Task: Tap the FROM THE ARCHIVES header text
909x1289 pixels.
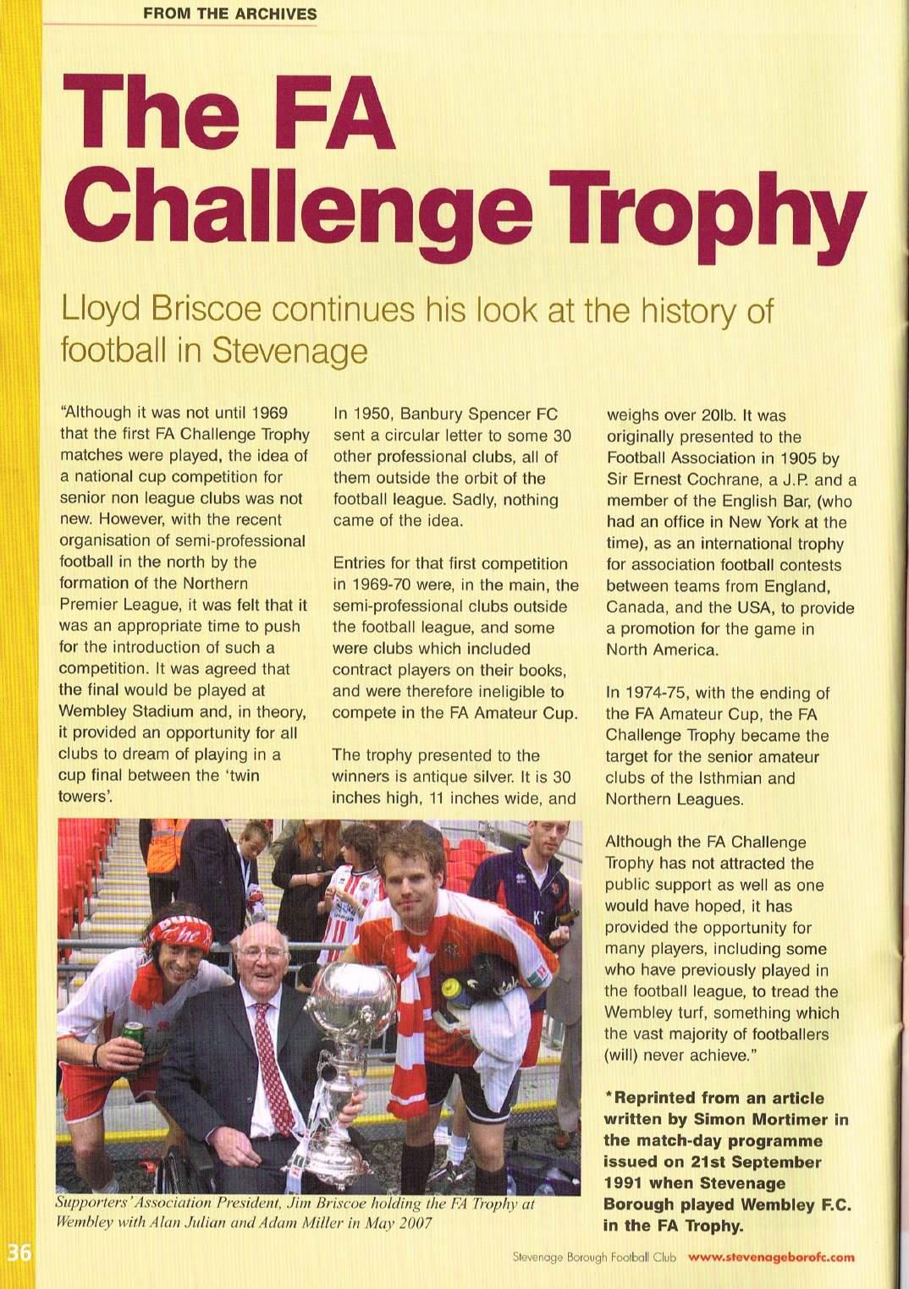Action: coord(229,14)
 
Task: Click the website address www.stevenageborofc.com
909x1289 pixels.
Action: coord(771,1257)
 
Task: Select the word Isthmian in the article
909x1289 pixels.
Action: coord(732,778)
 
